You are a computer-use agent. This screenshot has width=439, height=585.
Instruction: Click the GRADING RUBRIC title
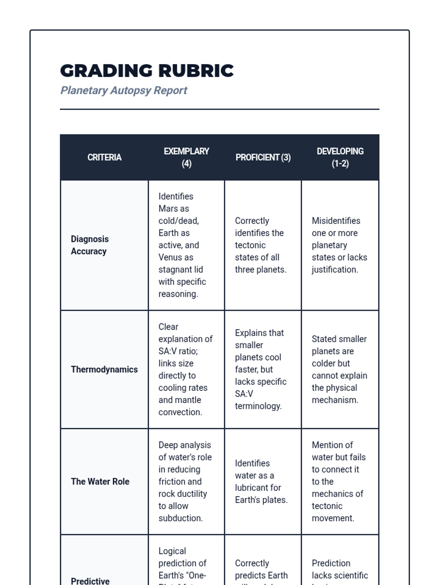(x=147, y=71)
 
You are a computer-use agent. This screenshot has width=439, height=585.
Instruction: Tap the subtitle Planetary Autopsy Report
(x=124, y=90)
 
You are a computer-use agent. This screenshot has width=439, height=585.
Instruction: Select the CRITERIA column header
(x=104, y=157)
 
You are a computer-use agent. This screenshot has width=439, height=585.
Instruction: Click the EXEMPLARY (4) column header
(x=187, y=157)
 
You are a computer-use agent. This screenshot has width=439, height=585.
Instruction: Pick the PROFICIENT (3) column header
(x=263, y=157)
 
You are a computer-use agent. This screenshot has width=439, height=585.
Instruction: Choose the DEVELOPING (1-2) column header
(x=340, y=157)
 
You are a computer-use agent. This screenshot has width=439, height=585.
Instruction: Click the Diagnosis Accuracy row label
(x=90, y=245)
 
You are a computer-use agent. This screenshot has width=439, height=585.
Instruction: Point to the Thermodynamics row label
(x=104, y=369)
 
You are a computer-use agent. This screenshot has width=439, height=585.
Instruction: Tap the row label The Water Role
(x=100, y=482)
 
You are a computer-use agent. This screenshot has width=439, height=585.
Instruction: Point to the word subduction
(x=180, y=518)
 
